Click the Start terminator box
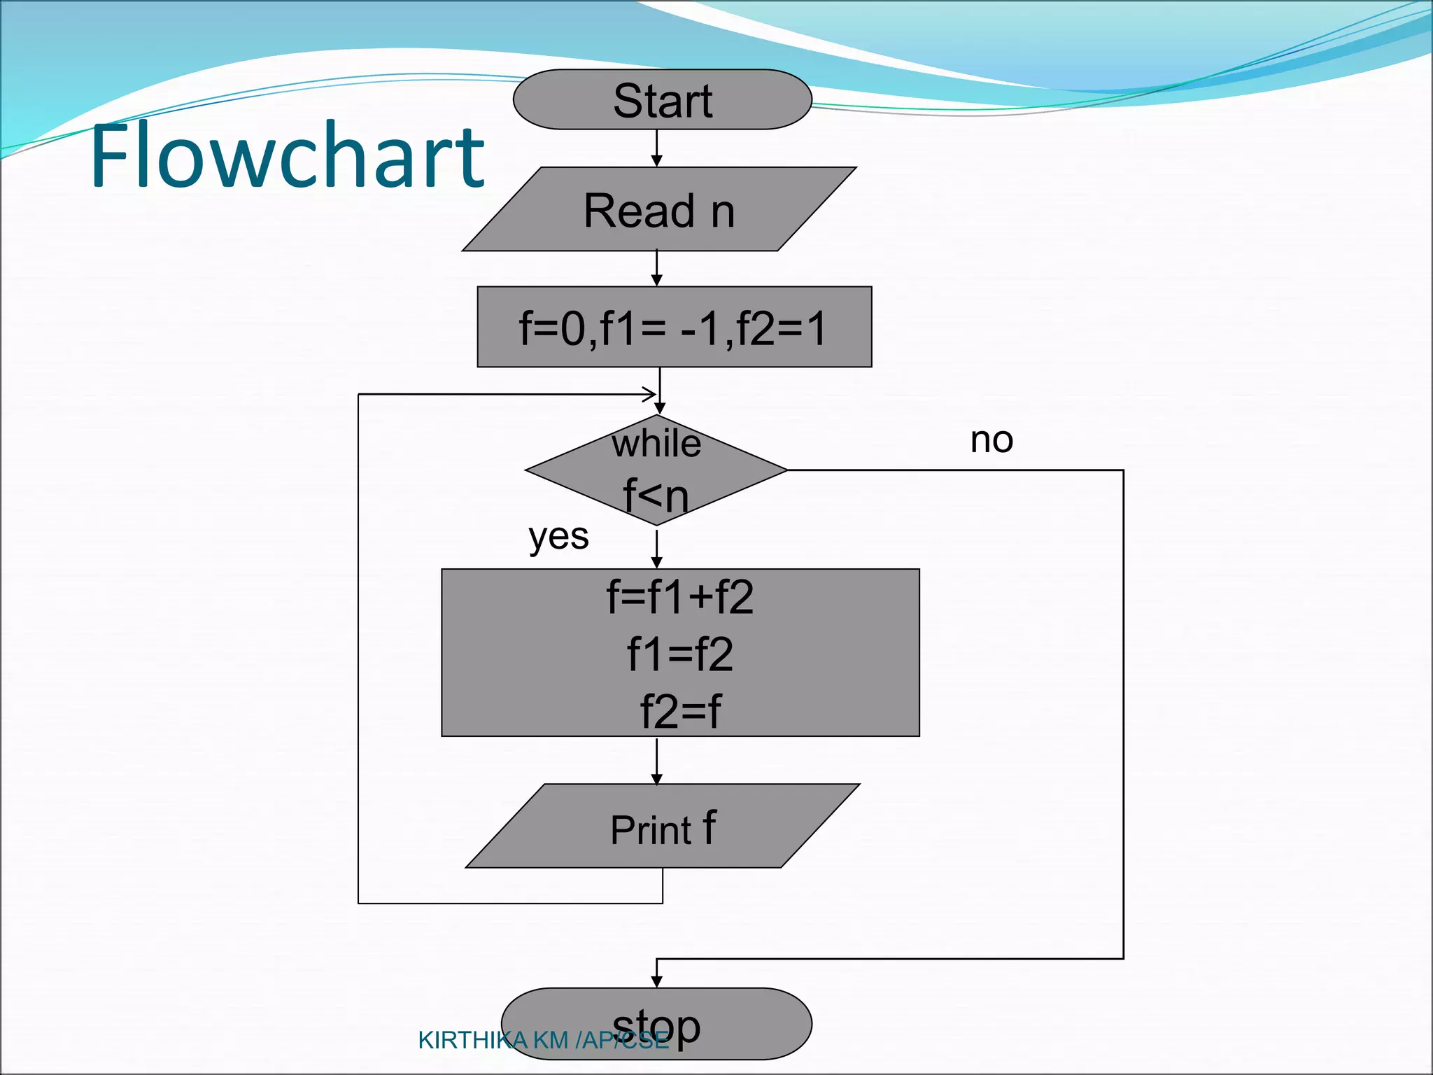[x=662, y=99]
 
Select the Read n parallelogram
[x=659, y=209]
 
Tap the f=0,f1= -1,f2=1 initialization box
[x=674, y=327]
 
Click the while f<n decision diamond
[x=656, y=470]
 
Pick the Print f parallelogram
[x=662, y=827]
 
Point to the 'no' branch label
[x=991, y=440]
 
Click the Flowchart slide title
[x=287, y=155]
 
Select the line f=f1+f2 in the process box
[x=680, y=598]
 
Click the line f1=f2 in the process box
[x=680, y=655]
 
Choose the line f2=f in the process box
[x=680, y=712]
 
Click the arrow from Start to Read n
[x=656, y=148]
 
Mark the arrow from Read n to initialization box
[x=656, y=269]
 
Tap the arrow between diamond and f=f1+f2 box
[x=656, y=549]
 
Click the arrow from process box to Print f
[x=656, y=761]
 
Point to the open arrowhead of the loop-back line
[x=649, y=394]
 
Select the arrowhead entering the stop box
[x=656, y=981]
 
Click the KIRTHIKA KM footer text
[x=542, y=1041]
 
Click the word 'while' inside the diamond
[x=656, y=444]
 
